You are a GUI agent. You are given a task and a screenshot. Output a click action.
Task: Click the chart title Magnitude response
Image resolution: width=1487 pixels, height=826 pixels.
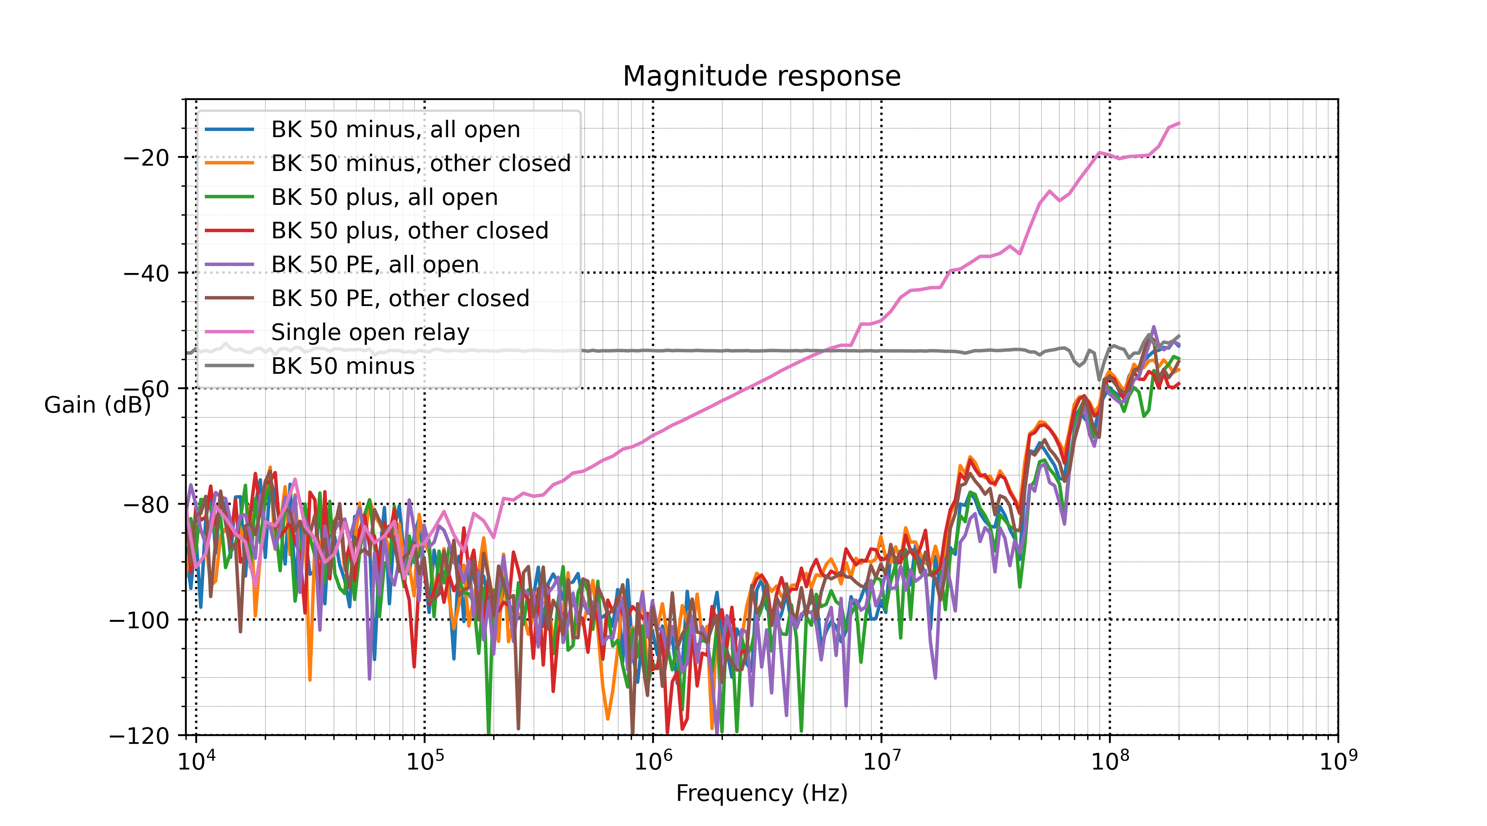pyautogui.click(x=761, y=76)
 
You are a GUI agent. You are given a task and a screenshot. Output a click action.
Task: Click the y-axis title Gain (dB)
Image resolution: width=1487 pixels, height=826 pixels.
pyautogui.click(x=97, y=405)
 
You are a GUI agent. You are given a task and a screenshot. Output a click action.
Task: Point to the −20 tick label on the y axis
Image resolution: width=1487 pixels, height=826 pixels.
pyautogui.click(x=146, y=158)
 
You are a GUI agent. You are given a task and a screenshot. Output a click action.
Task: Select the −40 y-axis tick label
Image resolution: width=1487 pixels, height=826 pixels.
pyautogui.click(x=146, y=273)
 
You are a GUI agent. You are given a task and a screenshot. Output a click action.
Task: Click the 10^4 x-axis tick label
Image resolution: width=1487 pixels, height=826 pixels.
pyautogui.click(x=196, y=761)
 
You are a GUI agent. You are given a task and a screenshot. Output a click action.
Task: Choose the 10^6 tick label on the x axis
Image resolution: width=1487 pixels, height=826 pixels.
pyautogui.click(x=653, y=761)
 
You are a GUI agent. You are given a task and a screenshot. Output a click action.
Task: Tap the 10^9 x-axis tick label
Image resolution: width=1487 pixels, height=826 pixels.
pyautogui.click(x=1338, y=761)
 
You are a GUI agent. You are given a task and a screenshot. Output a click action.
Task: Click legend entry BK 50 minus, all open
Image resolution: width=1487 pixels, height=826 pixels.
pyautogui.click(x=395, y=130)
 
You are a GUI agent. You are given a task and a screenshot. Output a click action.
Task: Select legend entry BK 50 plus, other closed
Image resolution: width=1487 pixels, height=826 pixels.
pyautogui.click(x=410, y=231)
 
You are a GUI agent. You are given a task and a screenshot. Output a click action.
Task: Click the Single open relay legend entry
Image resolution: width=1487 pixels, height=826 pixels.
pyautogui.click(x=370, y=332)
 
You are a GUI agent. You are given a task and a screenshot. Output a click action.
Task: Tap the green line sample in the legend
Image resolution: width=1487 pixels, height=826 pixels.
pyautogui.click(x=229, y=197)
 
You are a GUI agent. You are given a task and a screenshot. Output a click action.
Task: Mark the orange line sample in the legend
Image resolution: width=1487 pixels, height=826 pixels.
pyautogui.click(x=229, y=164)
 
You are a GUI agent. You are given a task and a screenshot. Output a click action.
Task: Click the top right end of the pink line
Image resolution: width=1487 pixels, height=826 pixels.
pyautogui.click(x=1179, y=123)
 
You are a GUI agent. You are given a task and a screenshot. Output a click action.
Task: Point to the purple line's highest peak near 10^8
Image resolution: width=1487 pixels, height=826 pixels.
pyautogui.click(x=1153, y=327)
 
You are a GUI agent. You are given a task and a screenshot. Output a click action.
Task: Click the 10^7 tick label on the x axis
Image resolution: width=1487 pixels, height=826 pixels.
pyautogui.click(x=881, y=761)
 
